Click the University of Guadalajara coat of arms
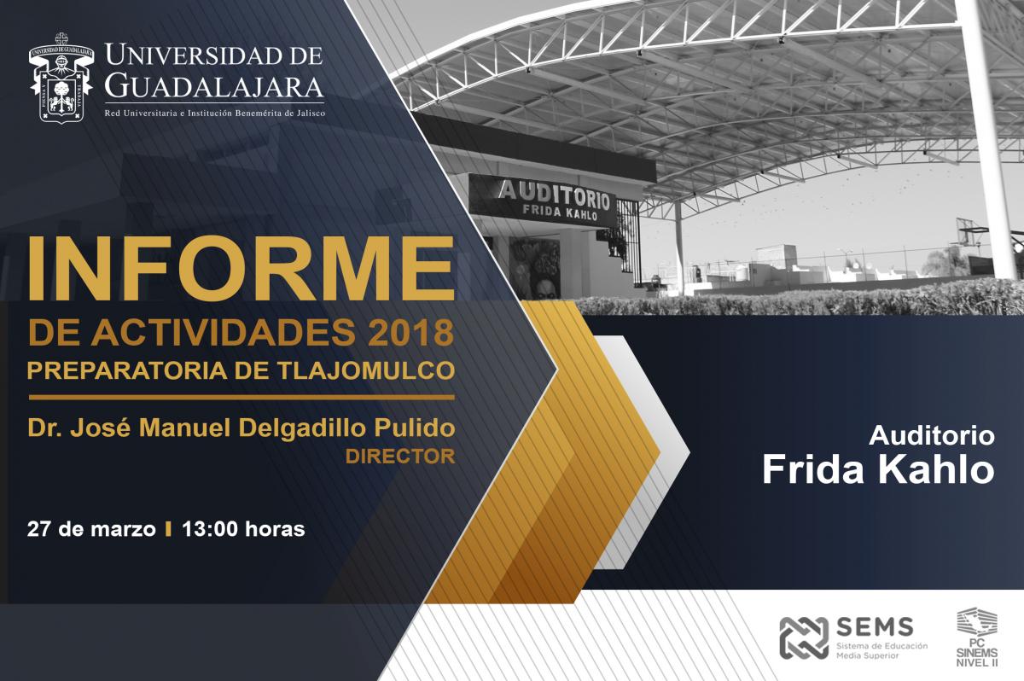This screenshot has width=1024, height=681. [61, 78]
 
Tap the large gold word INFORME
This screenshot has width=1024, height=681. [241, 269]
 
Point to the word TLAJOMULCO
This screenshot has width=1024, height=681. [367, 370]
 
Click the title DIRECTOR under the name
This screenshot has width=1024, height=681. [400, 457]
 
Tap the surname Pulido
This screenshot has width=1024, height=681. [414, 428]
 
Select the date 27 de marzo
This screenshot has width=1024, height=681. [91, 529]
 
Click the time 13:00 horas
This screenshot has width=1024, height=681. [243, 529]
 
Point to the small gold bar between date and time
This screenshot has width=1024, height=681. [169, 529]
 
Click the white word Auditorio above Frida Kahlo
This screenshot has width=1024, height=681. [932, 435]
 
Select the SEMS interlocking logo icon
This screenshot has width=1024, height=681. [804, 637]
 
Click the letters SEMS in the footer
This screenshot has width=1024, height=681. [875, 627]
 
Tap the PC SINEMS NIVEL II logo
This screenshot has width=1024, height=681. [977, 637]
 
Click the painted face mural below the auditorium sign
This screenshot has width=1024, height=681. [536, 269]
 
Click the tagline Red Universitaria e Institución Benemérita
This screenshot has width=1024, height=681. [215, 113]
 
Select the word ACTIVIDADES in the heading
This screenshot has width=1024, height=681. [223, 332]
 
